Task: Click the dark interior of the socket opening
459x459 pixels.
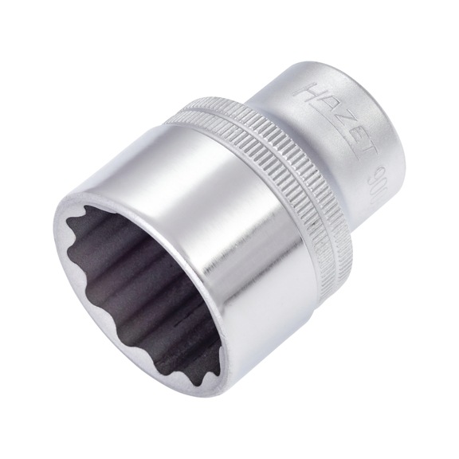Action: coord(151,263)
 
